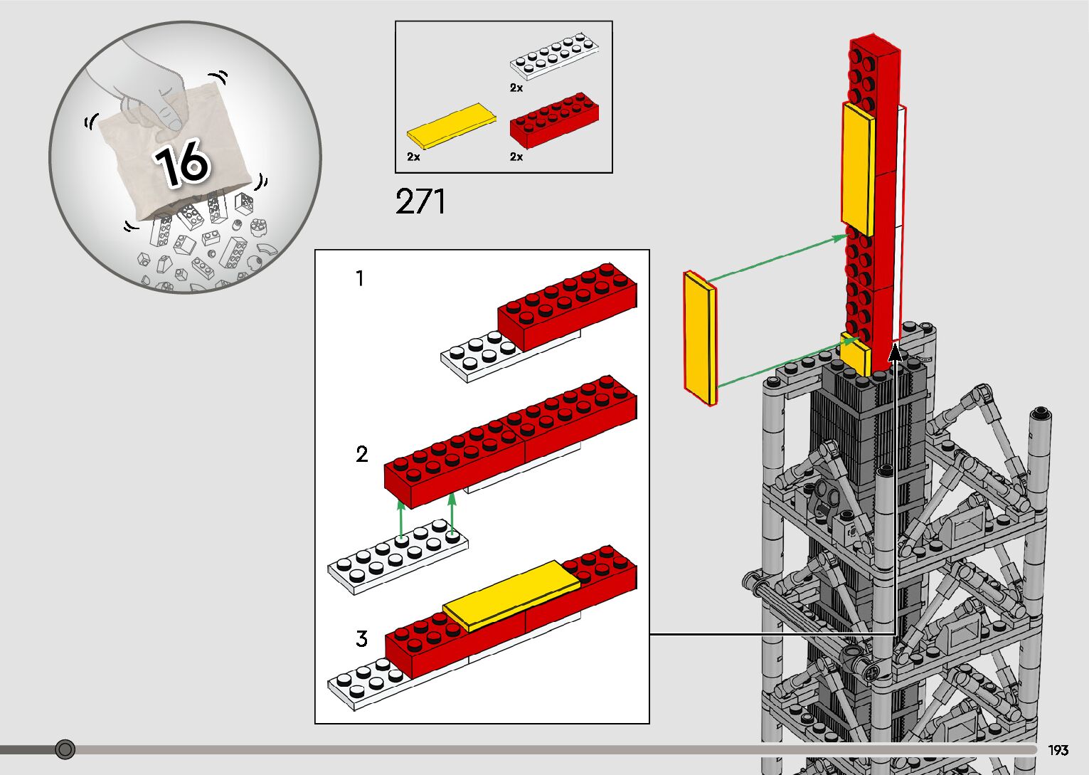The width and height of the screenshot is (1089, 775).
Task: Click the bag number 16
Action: [x=182, y=162]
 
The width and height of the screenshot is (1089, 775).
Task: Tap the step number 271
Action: [x=420, y=201]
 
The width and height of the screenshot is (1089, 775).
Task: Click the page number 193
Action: [x=1058, y=749]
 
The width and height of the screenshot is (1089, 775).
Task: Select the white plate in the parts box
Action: [x=554, y=56]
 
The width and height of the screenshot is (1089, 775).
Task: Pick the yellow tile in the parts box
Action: [x=452, y=125]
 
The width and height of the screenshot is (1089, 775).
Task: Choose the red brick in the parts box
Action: [x=554, y=120]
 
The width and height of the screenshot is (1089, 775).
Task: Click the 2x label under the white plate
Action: [x=516, y=88]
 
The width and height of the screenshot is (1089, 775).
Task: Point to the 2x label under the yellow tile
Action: [x=414, y=157]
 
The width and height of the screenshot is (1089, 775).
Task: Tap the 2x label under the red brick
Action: [x=516, y=157]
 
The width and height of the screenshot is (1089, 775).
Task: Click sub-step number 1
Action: [x=360, y=278]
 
